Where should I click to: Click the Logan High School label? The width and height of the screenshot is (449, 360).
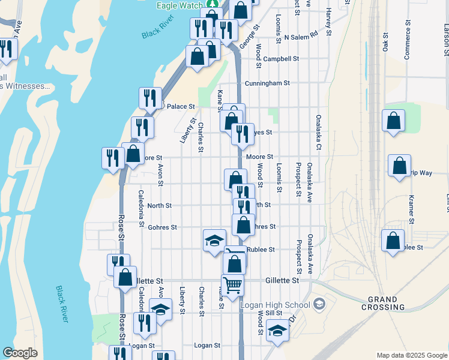point(276,304)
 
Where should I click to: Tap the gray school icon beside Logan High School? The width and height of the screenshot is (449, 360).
point(318,304)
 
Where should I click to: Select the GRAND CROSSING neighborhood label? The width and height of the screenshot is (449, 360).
point(383,303)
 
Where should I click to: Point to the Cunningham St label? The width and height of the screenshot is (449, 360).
point(267,83)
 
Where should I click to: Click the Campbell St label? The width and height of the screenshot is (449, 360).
point(281,59)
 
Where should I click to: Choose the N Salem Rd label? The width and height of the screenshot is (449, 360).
point(301,37)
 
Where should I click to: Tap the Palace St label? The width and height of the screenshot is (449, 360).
point(181,106)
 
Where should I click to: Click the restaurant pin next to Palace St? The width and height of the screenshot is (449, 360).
point(151,97)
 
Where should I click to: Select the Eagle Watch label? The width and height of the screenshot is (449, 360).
point(179,5)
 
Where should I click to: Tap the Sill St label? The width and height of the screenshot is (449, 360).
point(274,313)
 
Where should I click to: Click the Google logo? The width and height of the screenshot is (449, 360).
point(20,353)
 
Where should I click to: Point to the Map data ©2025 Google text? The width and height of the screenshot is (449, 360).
point(411,355)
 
